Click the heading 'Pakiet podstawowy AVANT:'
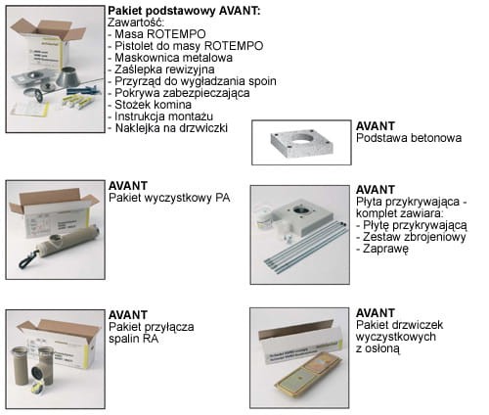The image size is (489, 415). [187, 10]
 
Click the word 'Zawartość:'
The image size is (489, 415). [140, 23]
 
